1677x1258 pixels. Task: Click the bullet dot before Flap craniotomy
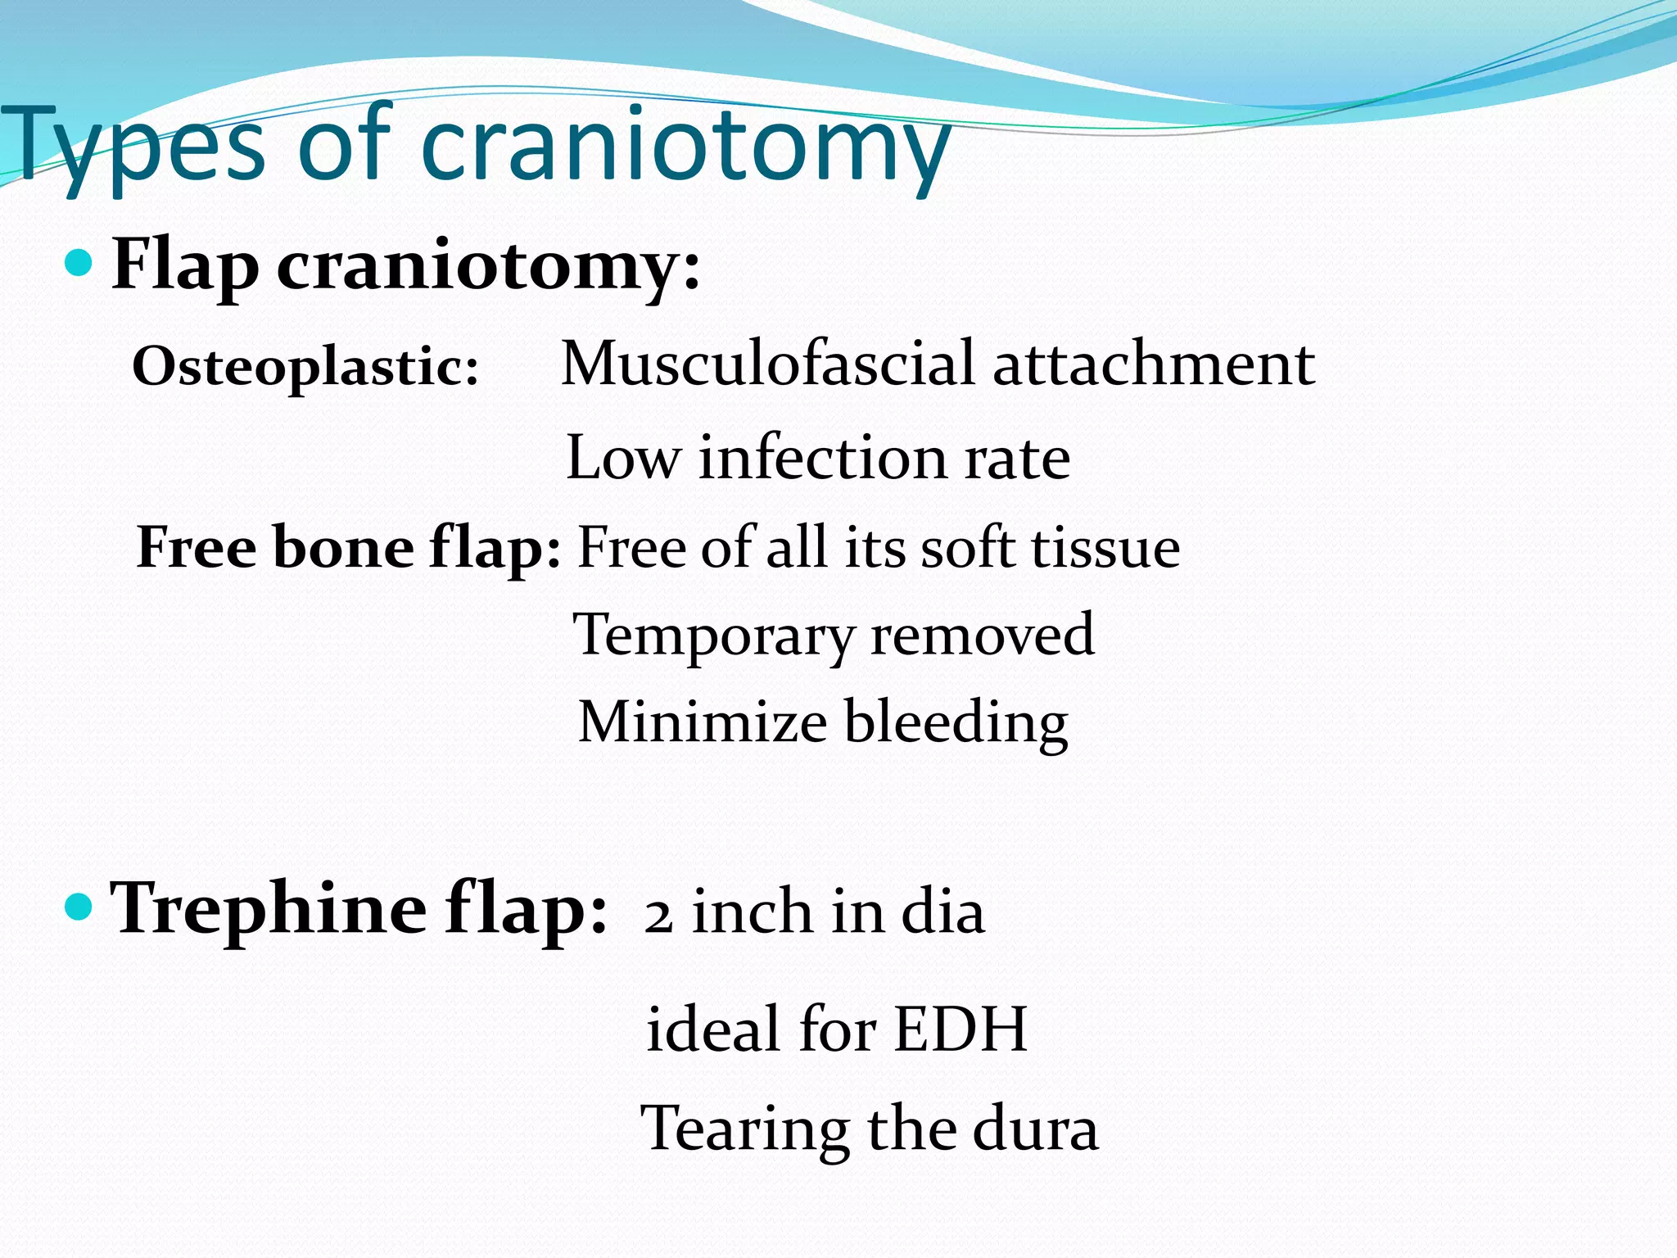[x=79, y=263]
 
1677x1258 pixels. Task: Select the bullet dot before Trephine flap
[x=79, y=907]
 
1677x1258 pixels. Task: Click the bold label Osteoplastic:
[x=305, y=366]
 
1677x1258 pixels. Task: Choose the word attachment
[x=1154, y=364]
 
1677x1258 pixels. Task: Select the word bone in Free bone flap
[x=343, y=547]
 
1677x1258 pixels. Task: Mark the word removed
[x=982, y=635]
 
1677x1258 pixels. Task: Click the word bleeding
[x=956, y=723]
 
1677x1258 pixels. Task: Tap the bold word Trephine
[x=269, y=909]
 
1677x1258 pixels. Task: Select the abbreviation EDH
[x=961, y=1029]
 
